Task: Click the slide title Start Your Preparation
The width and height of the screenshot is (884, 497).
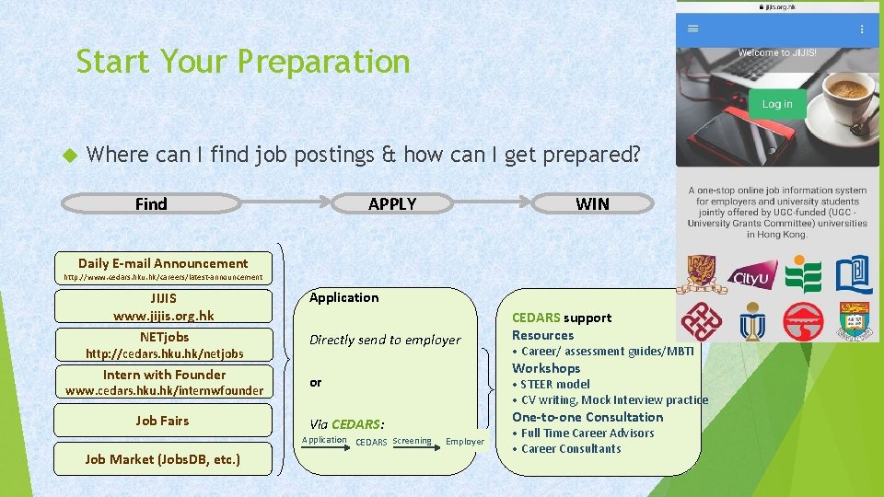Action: click(242, 62)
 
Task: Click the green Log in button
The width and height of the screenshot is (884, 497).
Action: click(776, 104)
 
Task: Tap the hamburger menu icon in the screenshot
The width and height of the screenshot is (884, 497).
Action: click(693, 29)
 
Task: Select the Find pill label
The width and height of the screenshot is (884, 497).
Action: click(151, 203)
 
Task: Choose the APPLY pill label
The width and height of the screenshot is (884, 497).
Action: click(392, 203)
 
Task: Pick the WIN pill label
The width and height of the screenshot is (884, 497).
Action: click(592, 203)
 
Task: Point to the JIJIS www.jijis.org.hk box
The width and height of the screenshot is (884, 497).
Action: click(163, 306)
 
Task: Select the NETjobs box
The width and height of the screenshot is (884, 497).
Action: click(163, 345)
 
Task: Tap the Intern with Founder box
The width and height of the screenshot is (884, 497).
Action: click(163, 382)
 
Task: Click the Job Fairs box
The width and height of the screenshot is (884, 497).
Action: click(163, 421)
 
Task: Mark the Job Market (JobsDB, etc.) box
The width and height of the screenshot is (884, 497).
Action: click(163, 458)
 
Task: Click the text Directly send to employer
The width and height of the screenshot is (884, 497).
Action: click(385, 340)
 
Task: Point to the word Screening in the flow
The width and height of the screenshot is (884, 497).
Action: click(412, 441)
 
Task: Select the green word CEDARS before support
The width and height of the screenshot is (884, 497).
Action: click(535, 318)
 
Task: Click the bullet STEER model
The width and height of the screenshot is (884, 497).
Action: click(554, 384)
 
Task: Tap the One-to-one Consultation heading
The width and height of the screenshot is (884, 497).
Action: click(587, 417)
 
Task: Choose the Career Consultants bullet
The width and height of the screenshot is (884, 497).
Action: click(571, 449)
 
